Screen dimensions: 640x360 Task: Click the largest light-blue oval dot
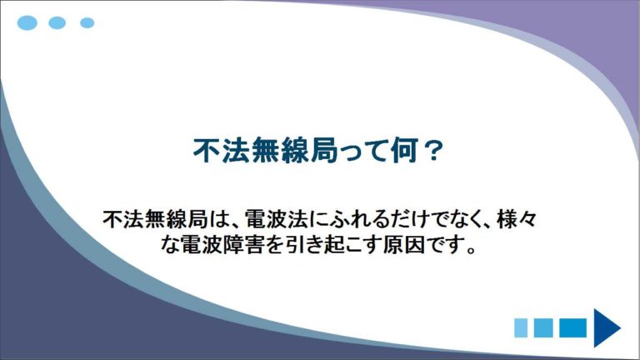point(27,22)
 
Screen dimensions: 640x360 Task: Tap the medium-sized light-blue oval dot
point(57,22)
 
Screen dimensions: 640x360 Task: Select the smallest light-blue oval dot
point(87,22)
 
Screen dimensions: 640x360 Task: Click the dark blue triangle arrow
point(607,327)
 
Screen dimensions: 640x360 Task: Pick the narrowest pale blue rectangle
point(521,327)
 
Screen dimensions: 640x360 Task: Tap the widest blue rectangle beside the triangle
point(572,327)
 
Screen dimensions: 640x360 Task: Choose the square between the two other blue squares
point(543,327)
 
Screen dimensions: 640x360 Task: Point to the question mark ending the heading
point(431,151)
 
